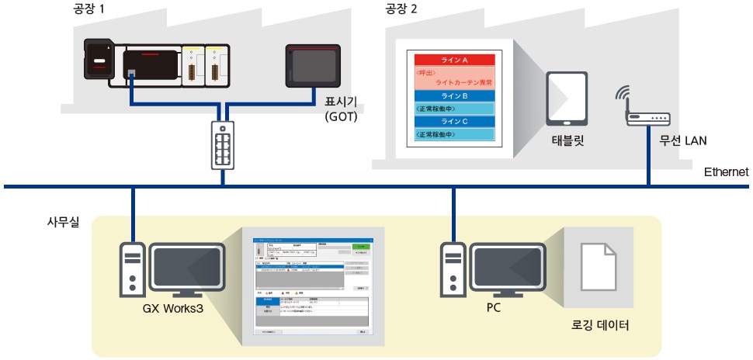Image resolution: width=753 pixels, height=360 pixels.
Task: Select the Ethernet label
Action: click(726, 172)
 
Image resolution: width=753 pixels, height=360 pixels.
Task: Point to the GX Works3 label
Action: click(173, 307)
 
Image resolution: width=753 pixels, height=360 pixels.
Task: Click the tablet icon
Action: click(566, 99)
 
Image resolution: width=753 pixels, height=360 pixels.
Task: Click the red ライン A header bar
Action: click(454, 60)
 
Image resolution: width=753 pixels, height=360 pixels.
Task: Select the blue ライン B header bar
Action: click(454, 96)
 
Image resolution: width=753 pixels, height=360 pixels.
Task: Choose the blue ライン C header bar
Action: click(454, 121)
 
